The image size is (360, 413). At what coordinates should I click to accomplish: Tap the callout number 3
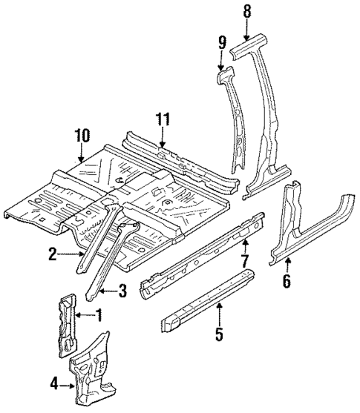[122, 292]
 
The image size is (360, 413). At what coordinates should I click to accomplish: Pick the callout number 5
[219, 334]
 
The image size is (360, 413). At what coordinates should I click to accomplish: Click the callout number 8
[247, 11]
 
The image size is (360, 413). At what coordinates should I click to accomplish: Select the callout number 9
[220, 43]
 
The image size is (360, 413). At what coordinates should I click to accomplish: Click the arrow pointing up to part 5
[219, 315]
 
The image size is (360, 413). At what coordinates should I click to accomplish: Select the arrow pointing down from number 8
[247, 30]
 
